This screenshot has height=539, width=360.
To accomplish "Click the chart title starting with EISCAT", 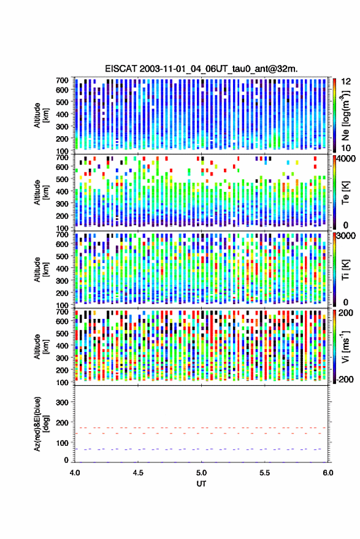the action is coord(202,69).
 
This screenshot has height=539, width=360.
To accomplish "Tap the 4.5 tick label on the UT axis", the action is coord(138,473).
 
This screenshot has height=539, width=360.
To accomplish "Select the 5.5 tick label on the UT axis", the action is coord(264,473).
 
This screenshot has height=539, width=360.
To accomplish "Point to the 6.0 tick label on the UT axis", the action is coord(327,473).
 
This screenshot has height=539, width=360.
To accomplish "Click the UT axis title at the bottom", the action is coord(201,484).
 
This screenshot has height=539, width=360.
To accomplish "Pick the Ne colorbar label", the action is coord(345,115).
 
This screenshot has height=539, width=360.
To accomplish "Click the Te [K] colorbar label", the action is coord(345,193).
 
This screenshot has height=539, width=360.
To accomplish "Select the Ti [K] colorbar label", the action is coord(345,270).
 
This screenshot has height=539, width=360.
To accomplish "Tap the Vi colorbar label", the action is coord(345,346).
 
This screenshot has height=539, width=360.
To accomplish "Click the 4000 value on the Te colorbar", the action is coord(345,159).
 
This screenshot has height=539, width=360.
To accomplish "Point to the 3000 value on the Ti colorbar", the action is coord(345,236).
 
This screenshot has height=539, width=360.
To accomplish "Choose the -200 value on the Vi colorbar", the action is coord(345,379).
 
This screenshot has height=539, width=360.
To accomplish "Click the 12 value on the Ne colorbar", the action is coord(346,82).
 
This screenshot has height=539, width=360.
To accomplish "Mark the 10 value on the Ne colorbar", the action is coord(346,148).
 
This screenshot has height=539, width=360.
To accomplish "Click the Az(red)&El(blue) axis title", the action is coord(41,424).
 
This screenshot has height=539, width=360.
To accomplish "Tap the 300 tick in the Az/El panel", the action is coord(62,402).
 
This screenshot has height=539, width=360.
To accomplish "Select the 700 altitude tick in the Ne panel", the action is coord(62,80).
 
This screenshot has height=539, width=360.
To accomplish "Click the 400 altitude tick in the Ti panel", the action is coord(62,269).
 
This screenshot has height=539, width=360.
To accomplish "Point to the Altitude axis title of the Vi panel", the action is coord(41,346).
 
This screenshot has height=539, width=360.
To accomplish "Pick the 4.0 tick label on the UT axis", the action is coord(75,473).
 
